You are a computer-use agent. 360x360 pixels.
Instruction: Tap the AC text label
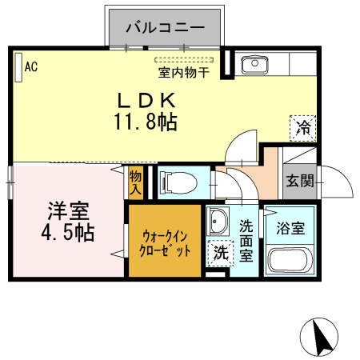31,67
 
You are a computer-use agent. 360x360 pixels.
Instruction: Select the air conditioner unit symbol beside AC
18,68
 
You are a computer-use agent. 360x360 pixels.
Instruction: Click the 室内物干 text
183,73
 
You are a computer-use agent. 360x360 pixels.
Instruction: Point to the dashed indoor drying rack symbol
184,60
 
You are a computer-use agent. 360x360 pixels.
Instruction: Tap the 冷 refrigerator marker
303,127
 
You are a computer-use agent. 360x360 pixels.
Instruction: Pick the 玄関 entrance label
300,182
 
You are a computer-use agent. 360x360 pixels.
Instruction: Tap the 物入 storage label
135,182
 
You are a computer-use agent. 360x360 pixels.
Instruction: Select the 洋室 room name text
67,212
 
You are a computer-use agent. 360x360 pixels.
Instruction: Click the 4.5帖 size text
67,234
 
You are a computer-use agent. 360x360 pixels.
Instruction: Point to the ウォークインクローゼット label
166,242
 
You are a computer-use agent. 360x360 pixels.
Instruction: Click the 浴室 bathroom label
290,229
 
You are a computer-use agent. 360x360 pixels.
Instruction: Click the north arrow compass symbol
321,337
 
